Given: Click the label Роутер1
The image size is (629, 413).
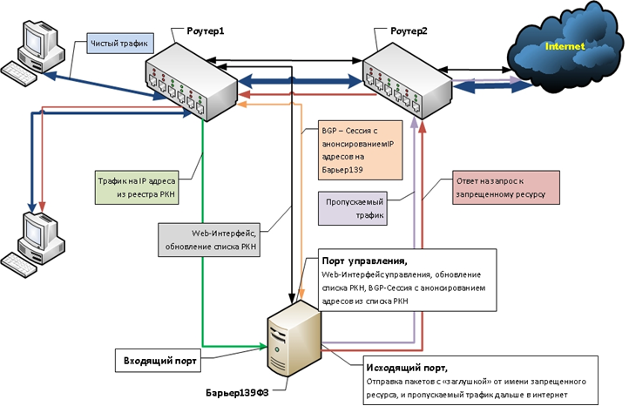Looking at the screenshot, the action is pos(205,30).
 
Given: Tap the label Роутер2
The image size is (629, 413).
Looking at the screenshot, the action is pos(409,30).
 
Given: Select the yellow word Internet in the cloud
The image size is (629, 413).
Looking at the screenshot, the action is pos(565,46).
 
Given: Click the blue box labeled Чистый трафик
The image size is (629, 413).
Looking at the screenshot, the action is pos(120,44).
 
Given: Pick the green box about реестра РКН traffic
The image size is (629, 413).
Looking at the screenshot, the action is pos(137,188).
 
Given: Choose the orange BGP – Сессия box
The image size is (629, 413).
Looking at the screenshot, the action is pos(360,150).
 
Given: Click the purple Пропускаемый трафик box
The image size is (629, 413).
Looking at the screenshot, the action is pos(353,208).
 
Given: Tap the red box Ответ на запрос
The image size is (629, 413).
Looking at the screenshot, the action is pos(506,187).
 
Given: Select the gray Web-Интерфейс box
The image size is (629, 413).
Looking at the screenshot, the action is pos(209,240).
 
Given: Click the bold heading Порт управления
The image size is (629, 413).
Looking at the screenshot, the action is pos(365,261).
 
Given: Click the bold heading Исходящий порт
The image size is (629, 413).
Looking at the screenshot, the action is pos(407,368).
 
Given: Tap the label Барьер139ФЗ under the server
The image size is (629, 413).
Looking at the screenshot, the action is pos(237,393).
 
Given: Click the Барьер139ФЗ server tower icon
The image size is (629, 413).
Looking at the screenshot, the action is pos(294,339).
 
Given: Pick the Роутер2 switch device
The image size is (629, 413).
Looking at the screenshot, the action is pos(408,81).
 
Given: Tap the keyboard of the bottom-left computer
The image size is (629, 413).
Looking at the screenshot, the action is pos(19,265).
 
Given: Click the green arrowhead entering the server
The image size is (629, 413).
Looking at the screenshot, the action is pos(264,346).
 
